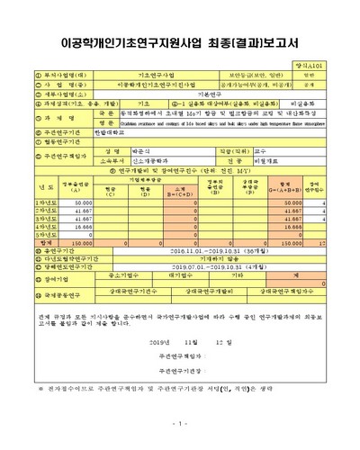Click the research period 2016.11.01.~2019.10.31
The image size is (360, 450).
click(x=206, y=276)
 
